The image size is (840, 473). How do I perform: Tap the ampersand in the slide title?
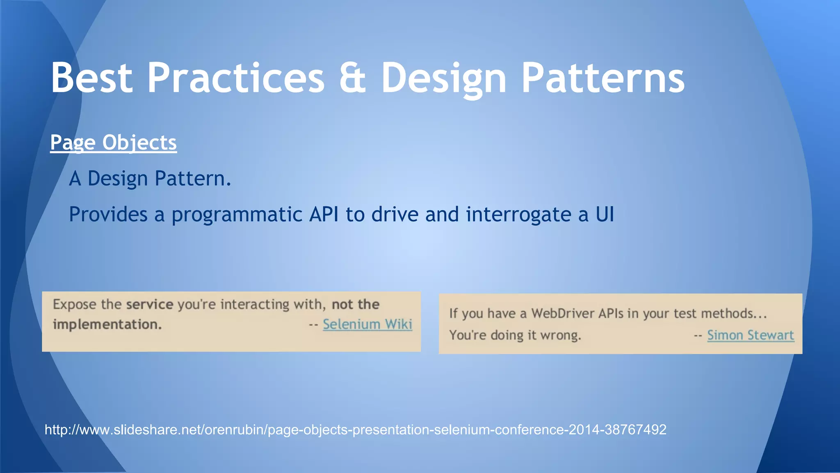(352, 78)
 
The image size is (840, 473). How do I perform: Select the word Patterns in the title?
(603, 78)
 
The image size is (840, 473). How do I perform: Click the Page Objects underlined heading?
(113, 143)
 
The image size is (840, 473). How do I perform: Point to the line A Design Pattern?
(150, 179)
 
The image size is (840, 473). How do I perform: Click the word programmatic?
(237, 215)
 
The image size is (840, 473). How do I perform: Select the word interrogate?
(518, 215)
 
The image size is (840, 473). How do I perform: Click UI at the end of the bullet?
(605, 215)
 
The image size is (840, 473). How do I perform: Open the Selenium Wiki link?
(367, 324)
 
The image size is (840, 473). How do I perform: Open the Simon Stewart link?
(750, 335)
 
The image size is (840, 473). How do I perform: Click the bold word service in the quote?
(149, 305)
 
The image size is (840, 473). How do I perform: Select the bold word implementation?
(107, 325)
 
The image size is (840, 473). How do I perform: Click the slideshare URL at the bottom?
(355, 430)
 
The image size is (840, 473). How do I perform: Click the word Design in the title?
(443, 78)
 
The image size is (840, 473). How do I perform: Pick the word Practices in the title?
(236, 78)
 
